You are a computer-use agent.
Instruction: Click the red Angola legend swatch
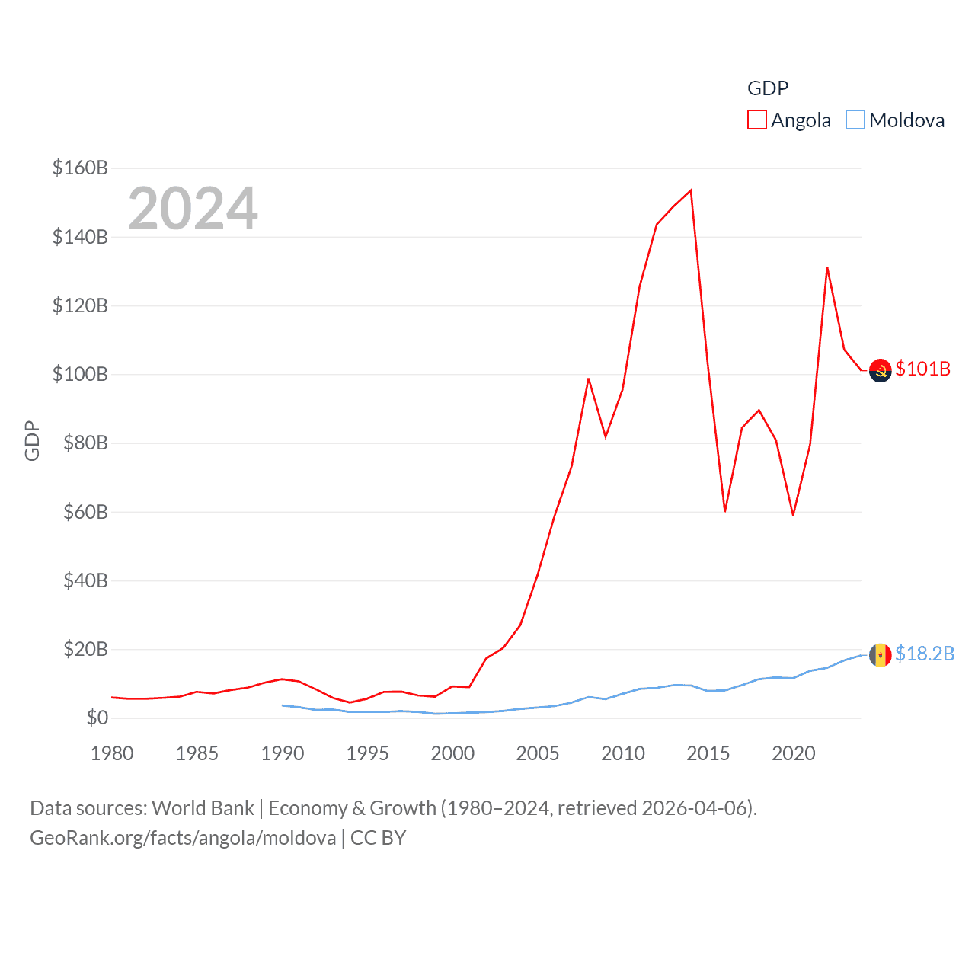756,120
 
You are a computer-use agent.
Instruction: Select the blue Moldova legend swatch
855,120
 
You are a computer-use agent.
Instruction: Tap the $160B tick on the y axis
80,168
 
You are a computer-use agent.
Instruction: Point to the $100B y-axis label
80,374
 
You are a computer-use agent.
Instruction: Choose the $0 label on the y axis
97,718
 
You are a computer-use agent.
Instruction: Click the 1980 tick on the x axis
112,753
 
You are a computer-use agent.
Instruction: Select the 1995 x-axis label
367,753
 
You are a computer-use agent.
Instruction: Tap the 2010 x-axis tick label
623,753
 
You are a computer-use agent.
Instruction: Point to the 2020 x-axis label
794,753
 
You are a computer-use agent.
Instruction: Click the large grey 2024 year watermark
193,209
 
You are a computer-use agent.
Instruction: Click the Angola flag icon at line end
881,370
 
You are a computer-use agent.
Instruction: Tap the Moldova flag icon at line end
881,655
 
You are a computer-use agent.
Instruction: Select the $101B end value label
923,369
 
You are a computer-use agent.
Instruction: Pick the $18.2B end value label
925,654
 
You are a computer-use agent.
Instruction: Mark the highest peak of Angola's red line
690,190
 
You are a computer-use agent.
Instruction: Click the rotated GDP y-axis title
32,440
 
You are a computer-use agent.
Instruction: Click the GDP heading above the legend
768,88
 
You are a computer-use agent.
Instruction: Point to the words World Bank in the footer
203,807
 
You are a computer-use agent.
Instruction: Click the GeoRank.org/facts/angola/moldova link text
183,838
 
